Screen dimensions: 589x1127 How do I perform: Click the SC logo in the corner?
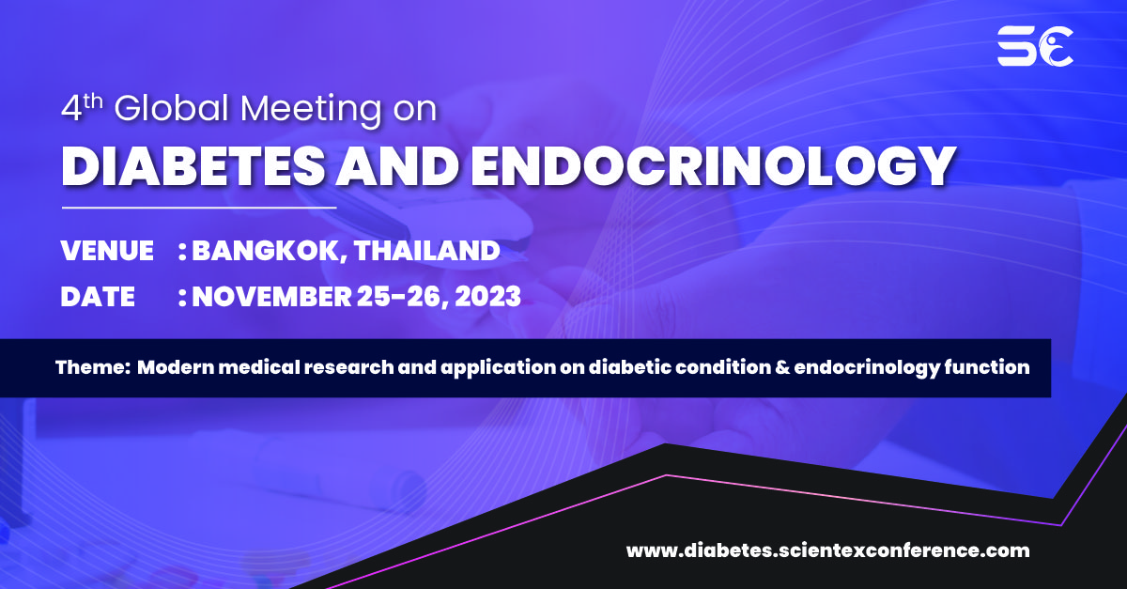[x=1035, y=46]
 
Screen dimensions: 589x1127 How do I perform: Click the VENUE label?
[x=107, y=251]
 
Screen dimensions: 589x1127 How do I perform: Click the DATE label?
[x=98, y=297]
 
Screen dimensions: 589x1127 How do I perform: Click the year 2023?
[x=488, y=297]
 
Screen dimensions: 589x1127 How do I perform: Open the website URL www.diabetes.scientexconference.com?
[x=827, y=550]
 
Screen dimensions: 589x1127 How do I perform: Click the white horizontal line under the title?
[x=199, y=207]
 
